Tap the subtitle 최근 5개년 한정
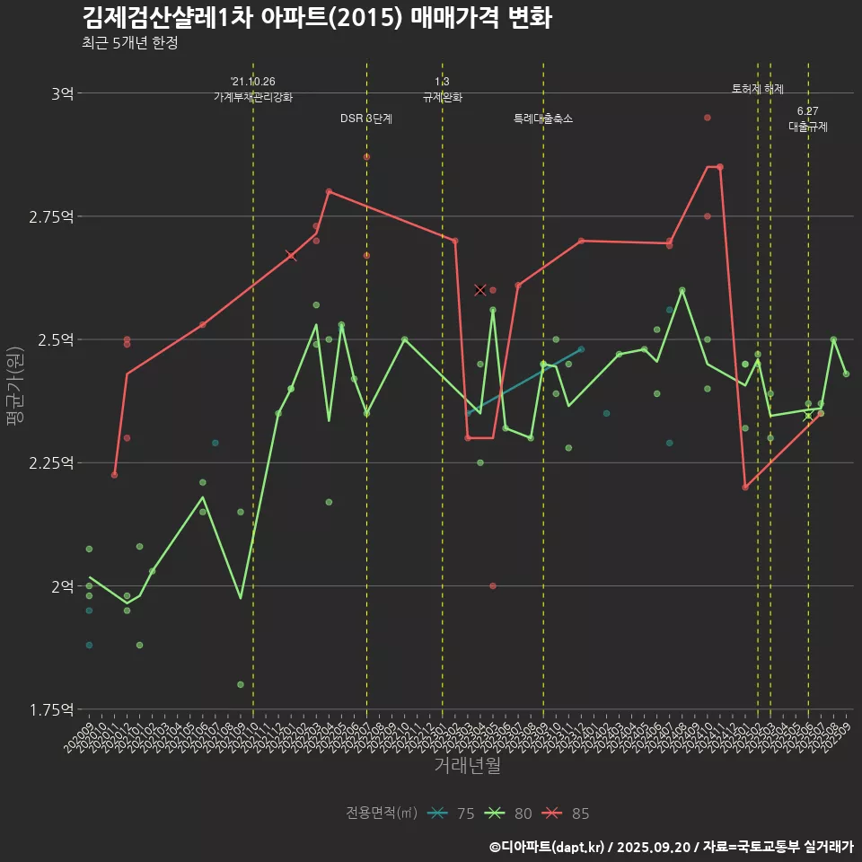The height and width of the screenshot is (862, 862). (129, 43)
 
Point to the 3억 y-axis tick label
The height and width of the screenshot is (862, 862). (62, 92)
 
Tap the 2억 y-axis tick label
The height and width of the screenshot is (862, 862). (62, 585)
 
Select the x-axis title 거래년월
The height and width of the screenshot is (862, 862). (467, 765)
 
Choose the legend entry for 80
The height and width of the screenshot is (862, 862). (509, 814)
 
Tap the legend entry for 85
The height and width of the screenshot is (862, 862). (567, 814)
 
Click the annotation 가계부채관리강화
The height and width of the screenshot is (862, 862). (253, 97)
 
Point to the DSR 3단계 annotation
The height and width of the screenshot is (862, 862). (366, 119)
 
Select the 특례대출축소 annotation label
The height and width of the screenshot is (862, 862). (543, 119)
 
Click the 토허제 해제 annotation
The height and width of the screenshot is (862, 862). (758, 89)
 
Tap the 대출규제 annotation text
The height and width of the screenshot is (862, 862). (808, 127)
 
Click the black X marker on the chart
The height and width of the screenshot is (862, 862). (480, 290)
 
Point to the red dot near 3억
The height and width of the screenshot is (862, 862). (708, 118)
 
